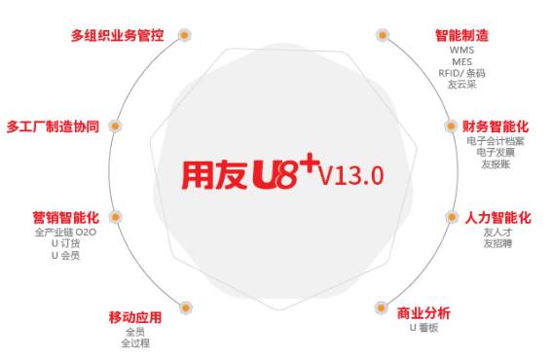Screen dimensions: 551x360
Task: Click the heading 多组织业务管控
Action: coord(117,36)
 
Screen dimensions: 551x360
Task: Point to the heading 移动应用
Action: coord(134,317)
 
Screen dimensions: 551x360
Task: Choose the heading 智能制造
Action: coord(461,36)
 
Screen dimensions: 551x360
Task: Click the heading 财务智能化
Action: coord(496,126)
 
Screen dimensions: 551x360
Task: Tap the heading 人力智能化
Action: coord(496,217)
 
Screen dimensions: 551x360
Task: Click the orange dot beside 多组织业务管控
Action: coord(185,35)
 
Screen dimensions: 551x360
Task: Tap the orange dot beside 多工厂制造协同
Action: coord(115,126)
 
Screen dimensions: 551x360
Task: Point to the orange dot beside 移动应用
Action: coord(185,308)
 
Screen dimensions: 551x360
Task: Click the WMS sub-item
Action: coord(461,51)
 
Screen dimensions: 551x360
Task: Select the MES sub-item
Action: coord(461,61)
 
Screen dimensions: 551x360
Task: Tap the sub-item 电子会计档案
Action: coord(496,141)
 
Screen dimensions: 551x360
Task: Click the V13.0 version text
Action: coord(351,175)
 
